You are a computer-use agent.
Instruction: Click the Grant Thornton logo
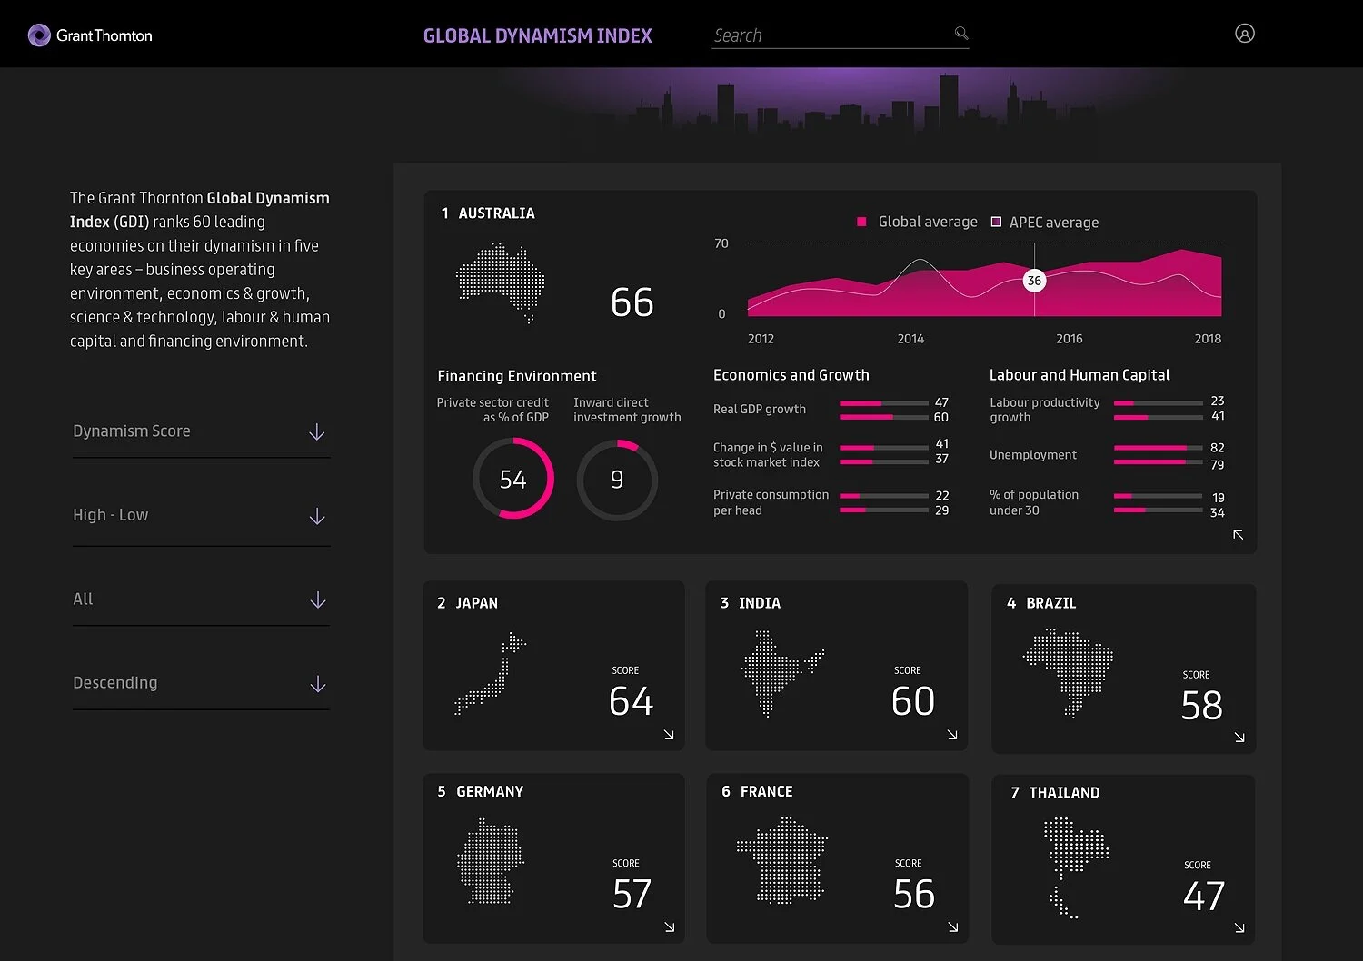90,35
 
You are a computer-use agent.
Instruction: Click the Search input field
829,35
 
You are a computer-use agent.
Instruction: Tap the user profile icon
1244,34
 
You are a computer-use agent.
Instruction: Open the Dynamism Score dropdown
200,431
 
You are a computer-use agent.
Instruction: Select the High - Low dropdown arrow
316,516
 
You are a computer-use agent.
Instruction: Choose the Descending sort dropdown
200,683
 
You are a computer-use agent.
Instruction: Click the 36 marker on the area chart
1034,281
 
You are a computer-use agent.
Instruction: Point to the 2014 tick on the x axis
910,339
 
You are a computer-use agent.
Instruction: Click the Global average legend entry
918,222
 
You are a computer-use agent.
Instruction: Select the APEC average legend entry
1045,223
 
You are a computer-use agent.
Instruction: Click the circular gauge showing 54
513,479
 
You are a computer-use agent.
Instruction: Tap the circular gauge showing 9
617,479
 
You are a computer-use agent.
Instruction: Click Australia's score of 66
632,302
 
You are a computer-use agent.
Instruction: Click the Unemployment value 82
1217,448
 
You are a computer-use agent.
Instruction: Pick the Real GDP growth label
760,409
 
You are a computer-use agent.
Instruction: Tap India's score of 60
912,701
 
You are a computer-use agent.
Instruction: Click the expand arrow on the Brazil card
1239,738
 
